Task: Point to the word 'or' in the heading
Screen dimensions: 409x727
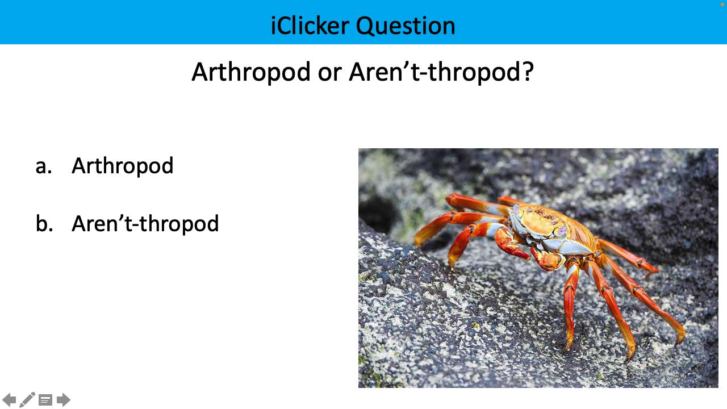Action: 329,72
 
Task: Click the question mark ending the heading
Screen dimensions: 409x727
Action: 528,72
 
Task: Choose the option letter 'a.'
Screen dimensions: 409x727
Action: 44,166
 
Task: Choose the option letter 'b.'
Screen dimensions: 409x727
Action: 44,223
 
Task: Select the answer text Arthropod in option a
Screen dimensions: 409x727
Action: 122,166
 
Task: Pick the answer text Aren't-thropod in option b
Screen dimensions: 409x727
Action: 145,223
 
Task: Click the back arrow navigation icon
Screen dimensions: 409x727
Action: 9,400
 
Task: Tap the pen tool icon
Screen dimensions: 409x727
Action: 27,400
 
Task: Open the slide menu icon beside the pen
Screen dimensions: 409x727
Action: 45,400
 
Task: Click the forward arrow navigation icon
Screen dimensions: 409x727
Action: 64,400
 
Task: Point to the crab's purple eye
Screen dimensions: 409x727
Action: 562,231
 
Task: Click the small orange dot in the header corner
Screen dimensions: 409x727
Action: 722,4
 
